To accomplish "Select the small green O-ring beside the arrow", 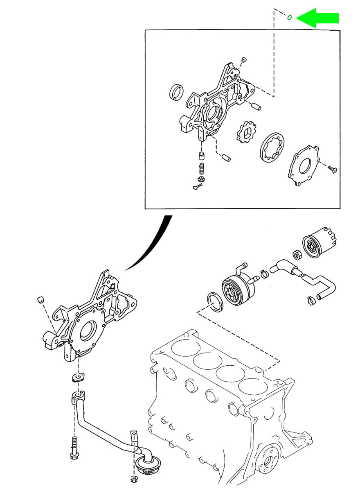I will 289,17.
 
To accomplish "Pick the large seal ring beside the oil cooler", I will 215,301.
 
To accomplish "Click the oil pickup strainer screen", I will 149,466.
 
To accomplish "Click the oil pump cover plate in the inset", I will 304,168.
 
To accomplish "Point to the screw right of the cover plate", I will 332,168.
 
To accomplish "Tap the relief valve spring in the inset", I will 201,168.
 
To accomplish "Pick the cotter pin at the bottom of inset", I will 198,187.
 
